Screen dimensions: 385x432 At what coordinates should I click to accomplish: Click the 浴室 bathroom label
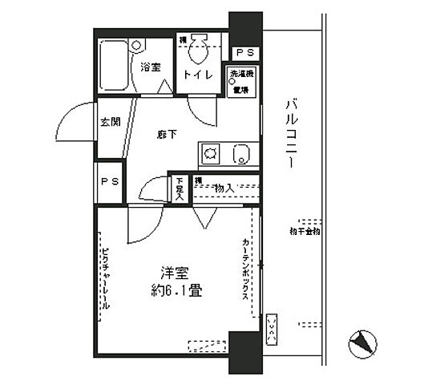coord(151,68)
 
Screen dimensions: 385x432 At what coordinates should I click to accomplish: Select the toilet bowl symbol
coord(198,51)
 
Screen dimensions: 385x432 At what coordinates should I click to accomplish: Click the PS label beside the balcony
coord(245,53)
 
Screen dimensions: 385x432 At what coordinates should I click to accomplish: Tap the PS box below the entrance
coord(110,180)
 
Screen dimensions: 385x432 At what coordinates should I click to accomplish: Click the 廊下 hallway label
coord(168,134)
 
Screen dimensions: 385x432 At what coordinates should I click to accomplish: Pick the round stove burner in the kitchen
coord(210,152)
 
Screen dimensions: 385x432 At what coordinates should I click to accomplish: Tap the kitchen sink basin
coord(239,152)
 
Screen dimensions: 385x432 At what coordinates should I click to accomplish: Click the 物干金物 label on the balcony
coord(305,232)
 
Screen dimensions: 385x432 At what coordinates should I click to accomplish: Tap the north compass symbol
coord(362,343)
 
